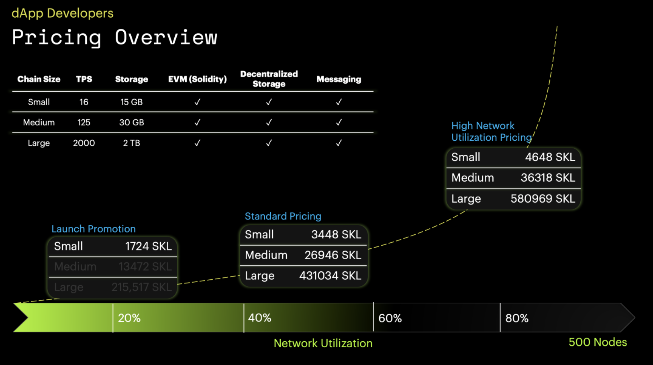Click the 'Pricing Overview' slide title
114,37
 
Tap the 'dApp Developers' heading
62,13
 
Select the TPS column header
84,79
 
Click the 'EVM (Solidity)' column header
197,79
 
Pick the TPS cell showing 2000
84,143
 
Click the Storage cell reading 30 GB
131,122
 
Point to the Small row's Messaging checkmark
339,102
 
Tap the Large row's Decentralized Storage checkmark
269,143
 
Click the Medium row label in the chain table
39,122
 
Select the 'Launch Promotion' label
94,229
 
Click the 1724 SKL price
149,246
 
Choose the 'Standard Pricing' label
283,216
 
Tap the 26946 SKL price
333,255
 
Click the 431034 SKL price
330,276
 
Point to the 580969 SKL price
543,199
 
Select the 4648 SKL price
550,157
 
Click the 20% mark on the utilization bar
129,318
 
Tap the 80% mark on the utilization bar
517,318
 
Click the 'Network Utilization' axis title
323,343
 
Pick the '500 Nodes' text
598,342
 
